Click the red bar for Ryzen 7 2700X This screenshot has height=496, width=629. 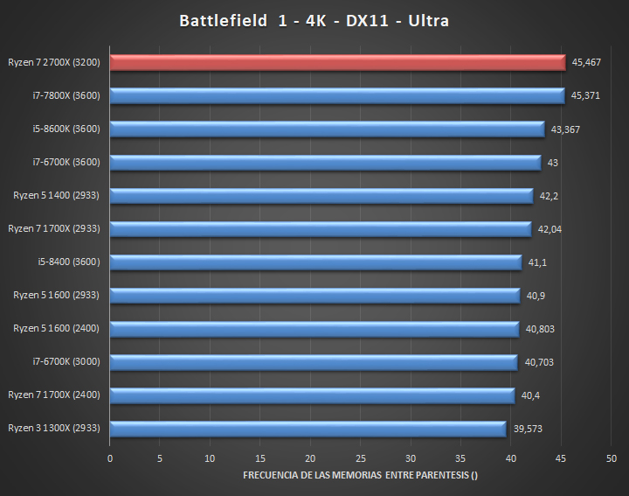tap(337, 62)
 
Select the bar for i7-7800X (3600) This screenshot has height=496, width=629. tap(337, 95)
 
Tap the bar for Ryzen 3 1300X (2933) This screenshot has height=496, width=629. tap(308, 429)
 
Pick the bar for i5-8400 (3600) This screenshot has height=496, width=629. tap(315, 262)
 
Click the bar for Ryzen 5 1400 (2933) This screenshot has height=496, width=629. tap(321, 196)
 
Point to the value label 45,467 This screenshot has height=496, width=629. tap(585, 62)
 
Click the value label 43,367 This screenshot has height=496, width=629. tap(565, 129)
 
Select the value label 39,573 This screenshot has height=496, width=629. tap(527, 429)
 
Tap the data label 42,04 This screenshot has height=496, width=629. tap(550, 229)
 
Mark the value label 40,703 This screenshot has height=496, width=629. tap(538, 362)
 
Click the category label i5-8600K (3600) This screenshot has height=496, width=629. tap(66, 129)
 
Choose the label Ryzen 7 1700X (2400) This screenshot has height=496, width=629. tap(54, 395)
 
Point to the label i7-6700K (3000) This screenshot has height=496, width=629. tap(66, 362)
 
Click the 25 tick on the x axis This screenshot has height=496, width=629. tap(360, 458)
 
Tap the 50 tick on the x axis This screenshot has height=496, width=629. tap(611, 458)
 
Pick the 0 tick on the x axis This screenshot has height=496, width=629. tap(110, 458)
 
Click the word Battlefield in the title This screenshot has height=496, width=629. tap(220, 20)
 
